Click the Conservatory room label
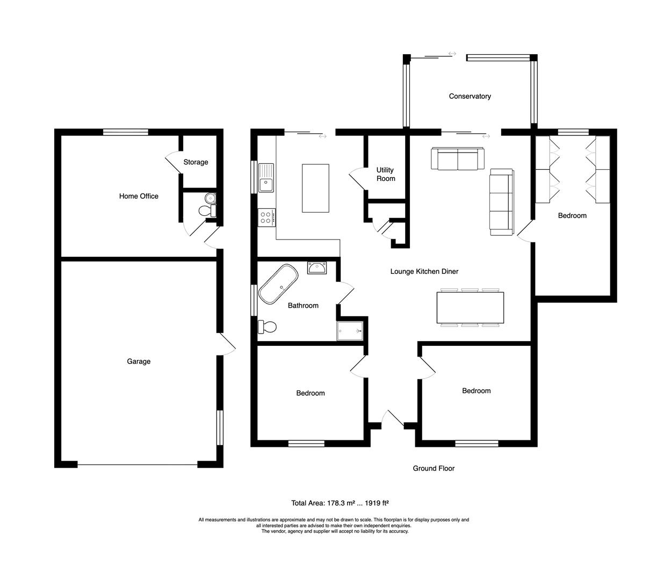coord(470,96)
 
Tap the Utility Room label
coord(385,175)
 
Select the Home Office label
coord(139,196)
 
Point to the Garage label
coord(139,361)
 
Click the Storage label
coord(196,162)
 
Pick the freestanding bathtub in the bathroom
coord(278,284)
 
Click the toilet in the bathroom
coord(268,327)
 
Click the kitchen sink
coord(266,178)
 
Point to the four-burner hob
coord(267,218)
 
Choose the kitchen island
coord(315,189)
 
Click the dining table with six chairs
coord(471,308)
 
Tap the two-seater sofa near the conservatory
coord(457,159)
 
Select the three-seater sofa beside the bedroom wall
coord(501,202)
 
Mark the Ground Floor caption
coord(434,468)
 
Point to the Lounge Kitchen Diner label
coord(424,272)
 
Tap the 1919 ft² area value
coord(377,503)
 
